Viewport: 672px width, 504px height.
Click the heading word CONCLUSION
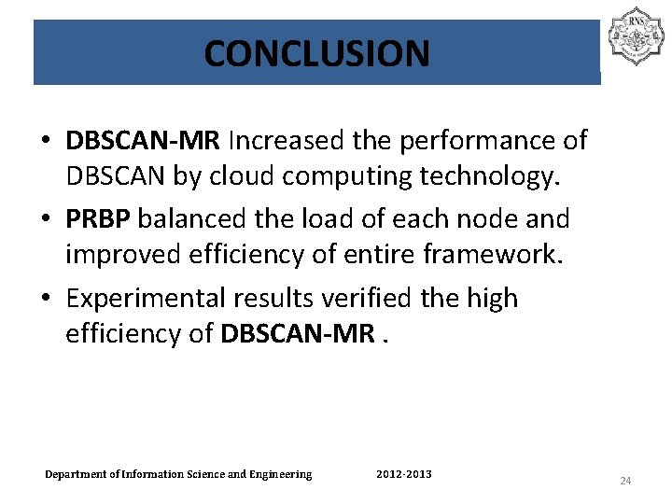(316, 53)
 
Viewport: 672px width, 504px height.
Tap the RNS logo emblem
(635, 36)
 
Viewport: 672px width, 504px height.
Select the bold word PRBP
(101, 219)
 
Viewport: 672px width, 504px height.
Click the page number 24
(625, 481)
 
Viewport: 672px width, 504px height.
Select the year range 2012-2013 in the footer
(403, 475)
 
